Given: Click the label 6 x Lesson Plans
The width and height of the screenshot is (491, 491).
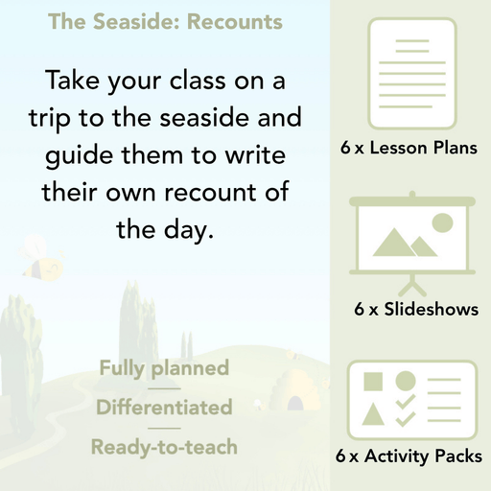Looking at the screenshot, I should point(409,149).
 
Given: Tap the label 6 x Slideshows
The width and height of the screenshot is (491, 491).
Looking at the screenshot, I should point(416,310).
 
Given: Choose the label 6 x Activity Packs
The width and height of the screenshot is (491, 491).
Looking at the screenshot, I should point(409,457).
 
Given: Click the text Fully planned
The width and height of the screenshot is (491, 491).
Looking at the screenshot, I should point(164,367).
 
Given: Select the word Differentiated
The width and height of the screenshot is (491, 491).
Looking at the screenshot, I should point(164,408).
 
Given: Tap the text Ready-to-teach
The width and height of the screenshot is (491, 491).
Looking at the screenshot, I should point(164,447).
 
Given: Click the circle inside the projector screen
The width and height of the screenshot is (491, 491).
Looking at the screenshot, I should point(442,223).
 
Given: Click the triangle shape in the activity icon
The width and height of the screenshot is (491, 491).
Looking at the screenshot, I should point(374,415).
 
